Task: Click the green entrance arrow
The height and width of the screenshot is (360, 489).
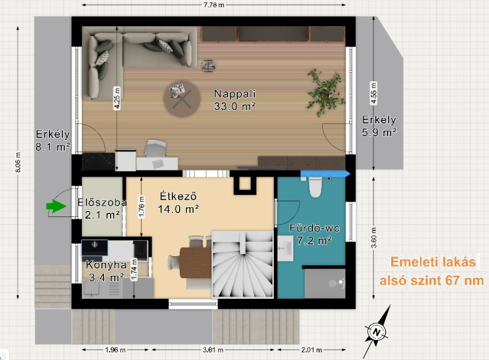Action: [x=56, y=206]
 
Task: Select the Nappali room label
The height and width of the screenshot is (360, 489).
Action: [x=235, y=94]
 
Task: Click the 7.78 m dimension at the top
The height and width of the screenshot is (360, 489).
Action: [x=214, y=5]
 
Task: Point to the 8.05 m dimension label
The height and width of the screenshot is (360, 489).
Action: [x=18, y=162]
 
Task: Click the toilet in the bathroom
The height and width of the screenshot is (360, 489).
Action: [x=315, y=186]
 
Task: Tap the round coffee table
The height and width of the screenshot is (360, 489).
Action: [x=182, y=99]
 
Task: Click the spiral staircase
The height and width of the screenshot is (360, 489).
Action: [x=243, y=265]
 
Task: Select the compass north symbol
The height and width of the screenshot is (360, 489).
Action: [x=377, y=332]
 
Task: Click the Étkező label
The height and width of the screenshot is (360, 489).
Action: [x=178, y=196]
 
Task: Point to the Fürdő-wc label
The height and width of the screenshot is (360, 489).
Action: [x=314, y=228]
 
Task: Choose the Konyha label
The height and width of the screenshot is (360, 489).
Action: [x=101, y=265]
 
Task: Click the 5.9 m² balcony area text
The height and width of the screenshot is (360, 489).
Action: [x=379, y=133]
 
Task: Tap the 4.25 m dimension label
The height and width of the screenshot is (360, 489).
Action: [x=117, y=98]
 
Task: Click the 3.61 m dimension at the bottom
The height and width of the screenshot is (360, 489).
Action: [x=213, y=350]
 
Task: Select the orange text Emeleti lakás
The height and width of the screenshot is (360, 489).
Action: [x=433, y=262]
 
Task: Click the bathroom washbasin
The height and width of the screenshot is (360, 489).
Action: [x=285, y=249]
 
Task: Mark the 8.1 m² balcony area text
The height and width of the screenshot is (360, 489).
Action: [x=53, y=147]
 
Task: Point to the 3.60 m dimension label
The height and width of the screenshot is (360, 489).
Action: [x=373, y=238]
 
